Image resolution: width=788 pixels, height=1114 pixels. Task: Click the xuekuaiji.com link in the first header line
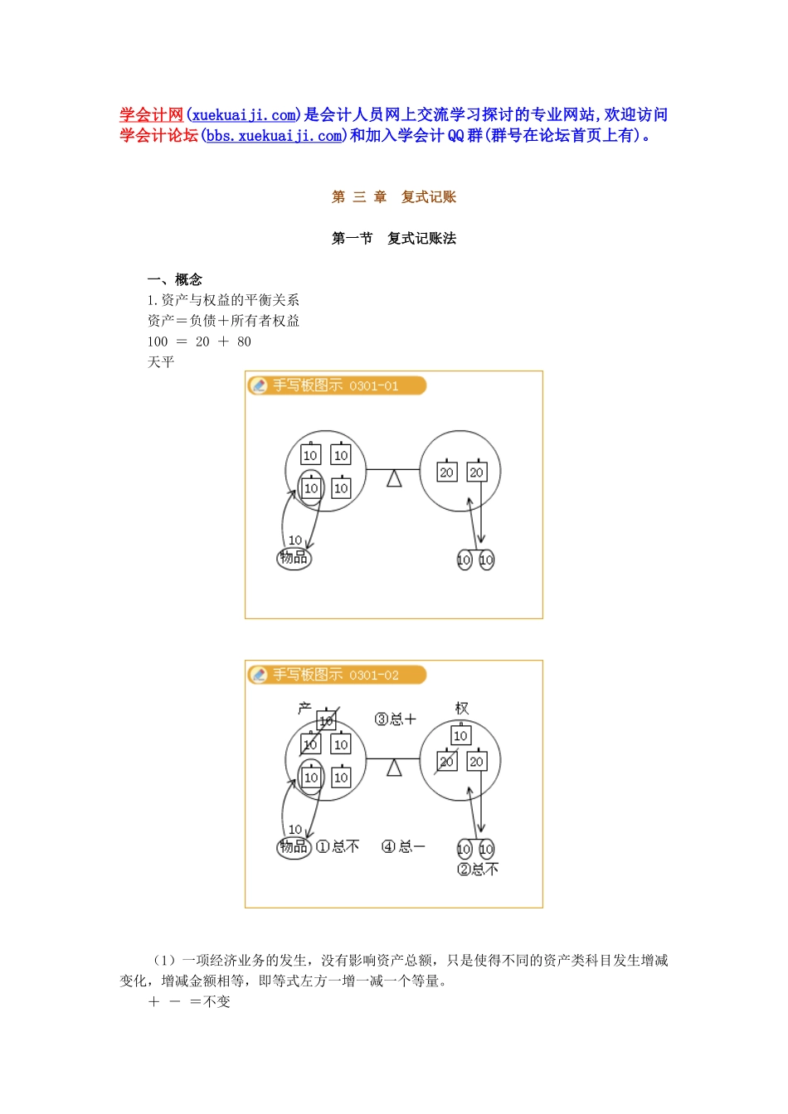tap(244, 115)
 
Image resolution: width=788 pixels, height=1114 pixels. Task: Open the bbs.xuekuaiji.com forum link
tap(275, 136)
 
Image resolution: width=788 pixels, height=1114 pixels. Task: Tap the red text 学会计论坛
tap(158, 136)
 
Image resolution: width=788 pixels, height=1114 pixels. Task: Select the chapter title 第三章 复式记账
tap(394, 197)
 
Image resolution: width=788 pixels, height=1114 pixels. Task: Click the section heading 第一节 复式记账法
tap(394, 239)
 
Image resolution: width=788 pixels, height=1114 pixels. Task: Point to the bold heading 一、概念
tap(175, 279)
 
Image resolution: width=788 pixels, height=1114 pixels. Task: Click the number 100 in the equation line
tap(158, 341)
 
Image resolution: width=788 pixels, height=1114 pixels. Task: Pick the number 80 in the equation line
tap(244, 341)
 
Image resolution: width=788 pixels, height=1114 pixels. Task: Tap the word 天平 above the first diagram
tap(161, 362)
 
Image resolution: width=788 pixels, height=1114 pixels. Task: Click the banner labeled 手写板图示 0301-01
tap(337, 385)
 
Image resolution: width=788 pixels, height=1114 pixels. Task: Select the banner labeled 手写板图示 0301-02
tap(337, 675)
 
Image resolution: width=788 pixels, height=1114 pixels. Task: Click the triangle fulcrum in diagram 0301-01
tap(394, 478)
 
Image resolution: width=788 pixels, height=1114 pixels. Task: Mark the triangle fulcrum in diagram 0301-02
tap(394, 768)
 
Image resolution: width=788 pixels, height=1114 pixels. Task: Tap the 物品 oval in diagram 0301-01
tap(294, 558)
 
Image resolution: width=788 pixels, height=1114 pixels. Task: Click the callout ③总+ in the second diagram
tap(396, 719)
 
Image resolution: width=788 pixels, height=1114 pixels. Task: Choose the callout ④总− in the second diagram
tap(403, 846)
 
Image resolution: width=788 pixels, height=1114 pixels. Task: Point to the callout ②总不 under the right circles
tap(478, 869)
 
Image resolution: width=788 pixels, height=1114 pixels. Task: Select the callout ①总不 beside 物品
tap(338, 846)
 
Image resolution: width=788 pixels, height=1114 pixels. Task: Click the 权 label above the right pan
tap(462, 708)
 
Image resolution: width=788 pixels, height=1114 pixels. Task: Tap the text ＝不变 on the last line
tap(211, 1002)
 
